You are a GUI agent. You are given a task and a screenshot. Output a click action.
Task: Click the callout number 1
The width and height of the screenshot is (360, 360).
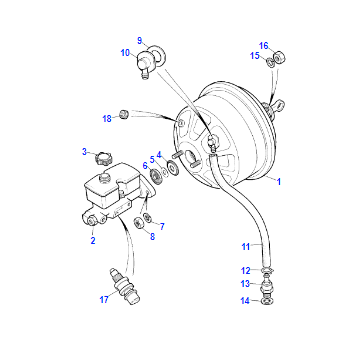(x=279, y=182)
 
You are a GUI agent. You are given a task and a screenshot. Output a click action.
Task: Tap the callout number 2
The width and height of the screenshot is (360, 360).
(x=93, y=240)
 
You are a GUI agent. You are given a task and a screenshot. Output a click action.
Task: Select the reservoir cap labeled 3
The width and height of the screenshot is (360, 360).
(x=102, y=159)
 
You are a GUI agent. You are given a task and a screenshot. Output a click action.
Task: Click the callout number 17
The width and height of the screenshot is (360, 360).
(x=104, y=300)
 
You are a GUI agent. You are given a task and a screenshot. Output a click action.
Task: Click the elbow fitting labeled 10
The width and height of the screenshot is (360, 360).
(x=144, y=64)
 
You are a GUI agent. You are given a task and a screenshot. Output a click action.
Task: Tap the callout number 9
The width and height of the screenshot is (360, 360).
(x=140, y=41)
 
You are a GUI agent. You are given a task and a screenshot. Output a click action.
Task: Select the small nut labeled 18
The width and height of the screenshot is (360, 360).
(x=125, y=114)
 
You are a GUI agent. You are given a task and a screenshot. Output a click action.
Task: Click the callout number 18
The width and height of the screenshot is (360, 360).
(x=107, y=119)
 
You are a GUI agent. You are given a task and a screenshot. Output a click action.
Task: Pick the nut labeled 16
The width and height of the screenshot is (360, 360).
(x=280, y=57)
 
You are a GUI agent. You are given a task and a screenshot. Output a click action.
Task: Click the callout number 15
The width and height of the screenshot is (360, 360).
(x=255, y=56)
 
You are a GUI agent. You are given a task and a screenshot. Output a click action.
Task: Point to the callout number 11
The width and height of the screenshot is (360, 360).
(x=246, y=247)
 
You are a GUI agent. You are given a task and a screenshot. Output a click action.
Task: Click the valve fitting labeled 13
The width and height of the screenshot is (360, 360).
(x=267, y=285)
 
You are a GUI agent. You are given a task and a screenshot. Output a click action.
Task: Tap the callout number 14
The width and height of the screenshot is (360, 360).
(x=245, y=301)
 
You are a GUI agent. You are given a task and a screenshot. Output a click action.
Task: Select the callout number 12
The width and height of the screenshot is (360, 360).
(x=246, y=270)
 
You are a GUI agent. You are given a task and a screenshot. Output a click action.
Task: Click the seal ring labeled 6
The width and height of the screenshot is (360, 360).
(x=156, y=175)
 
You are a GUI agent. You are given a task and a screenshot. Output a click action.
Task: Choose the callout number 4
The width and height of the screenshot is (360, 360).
(x=159, y=154)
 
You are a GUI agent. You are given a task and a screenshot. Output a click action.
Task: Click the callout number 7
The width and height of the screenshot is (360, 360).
(x=162, y=227)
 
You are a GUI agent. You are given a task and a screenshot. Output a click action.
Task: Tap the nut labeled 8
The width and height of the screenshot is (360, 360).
(x=139, y=223)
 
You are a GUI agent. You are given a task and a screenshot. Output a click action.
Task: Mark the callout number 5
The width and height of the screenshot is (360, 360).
(x=152, y=159)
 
